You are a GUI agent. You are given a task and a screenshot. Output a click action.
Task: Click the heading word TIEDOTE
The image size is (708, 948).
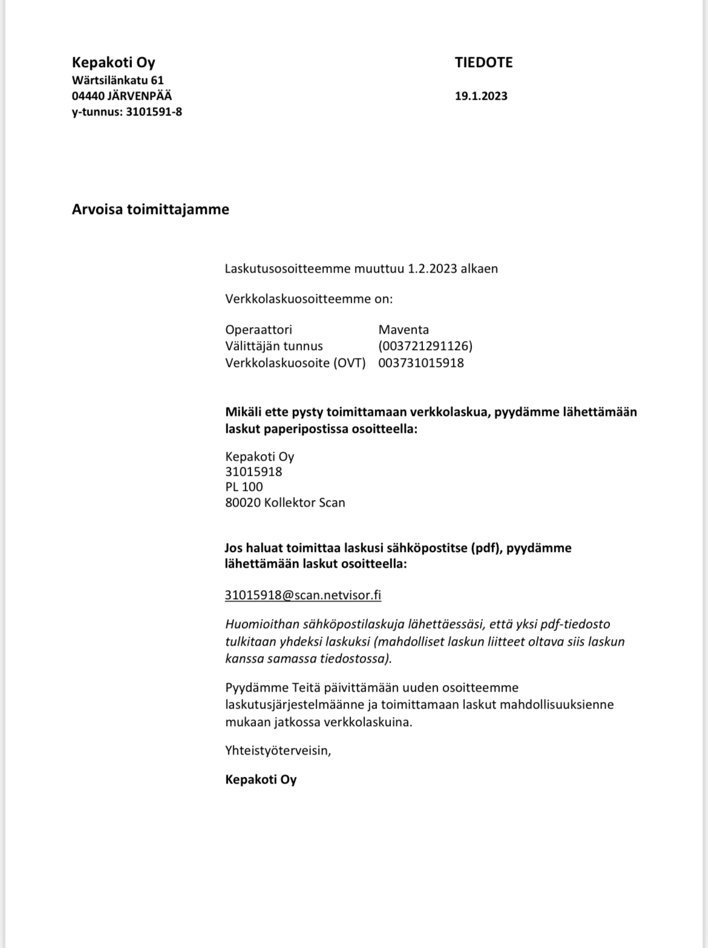point(483,62)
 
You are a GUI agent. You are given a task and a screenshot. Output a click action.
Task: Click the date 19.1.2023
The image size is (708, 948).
point(481,96)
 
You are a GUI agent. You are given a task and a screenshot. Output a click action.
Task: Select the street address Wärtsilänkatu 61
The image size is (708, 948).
point(118,80)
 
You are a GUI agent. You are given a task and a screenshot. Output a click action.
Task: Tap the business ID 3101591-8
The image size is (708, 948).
point(154,111)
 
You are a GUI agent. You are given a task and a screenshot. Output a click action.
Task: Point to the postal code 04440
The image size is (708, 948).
point(88,96)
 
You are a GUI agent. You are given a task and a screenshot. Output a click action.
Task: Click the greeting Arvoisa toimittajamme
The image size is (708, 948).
point(151,209)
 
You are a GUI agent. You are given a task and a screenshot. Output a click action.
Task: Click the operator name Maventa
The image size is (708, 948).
point(404,330)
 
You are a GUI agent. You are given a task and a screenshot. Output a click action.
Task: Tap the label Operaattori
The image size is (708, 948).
point(258,330)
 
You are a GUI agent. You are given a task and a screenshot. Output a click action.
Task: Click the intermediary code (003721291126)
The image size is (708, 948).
point(425,346)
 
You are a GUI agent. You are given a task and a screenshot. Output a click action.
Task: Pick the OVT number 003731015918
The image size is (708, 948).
point(421,363)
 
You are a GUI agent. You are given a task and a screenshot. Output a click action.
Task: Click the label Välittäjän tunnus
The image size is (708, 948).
point(274,346)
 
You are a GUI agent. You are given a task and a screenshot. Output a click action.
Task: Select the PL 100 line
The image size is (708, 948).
point(244,487)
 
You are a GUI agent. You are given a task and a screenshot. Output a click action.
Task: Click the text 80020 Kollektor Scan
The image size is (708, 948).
point(285,502)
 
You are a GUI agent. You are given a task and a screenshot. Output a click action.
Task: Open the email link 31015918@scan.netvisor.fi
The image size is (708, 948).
point(303,595)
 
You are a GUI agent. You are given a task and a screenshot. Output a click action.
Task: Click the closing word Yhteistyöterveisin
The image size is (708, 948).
point(278,750)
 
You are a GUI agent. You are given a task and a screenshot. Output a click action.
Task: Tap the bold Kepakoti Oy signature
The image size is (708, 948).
point(261,779)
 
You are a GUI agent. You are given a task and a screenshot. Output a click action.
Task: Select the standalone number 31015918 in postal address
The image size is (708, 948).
point(254,472)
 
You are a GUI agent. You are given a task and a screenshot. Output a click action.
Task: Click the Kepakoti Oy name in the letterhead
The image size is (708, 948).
point(114,62)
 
